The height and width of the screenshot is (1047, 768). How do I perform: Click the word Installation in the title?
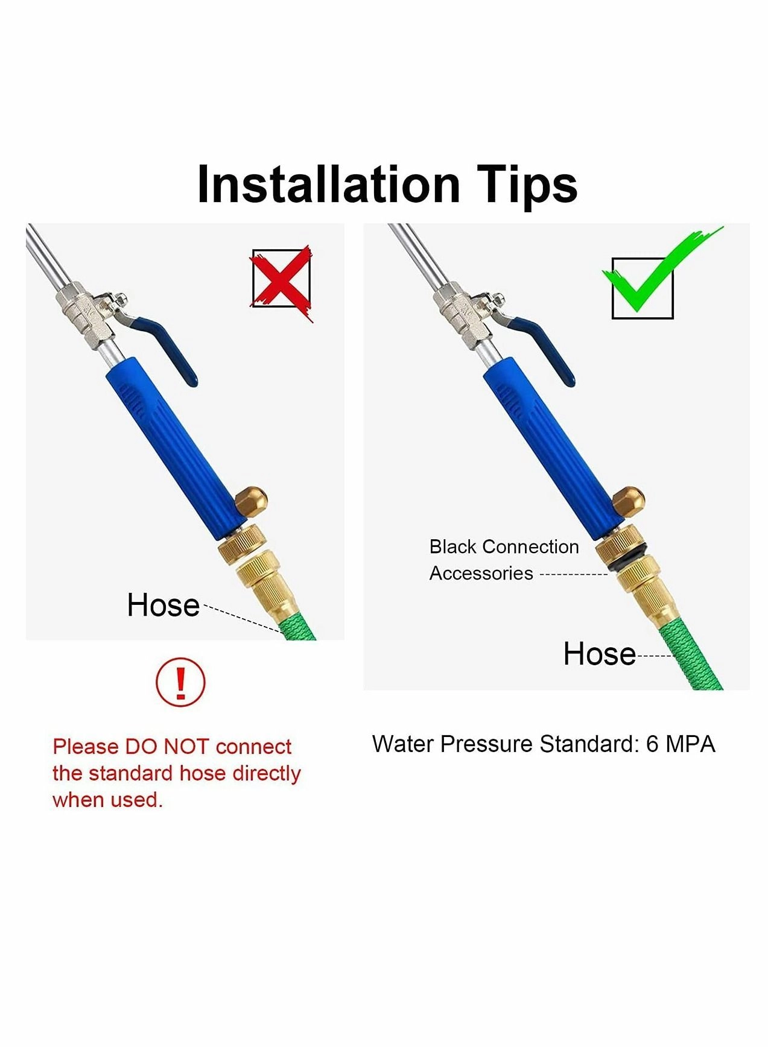328,184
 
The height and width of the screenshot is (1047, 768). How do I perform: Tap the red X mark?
282,279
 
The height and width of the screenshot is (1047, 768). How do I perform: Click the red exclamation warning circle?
180,682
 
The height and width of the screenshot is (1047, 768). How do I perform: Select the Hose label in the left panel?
163,605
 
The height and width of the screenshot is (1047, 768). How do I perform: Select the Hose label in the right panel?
599,654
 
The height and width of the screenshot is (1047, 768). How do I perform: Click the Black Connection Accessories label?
503,560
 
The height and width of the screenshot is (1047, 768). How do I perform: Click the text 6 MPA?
680,744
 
